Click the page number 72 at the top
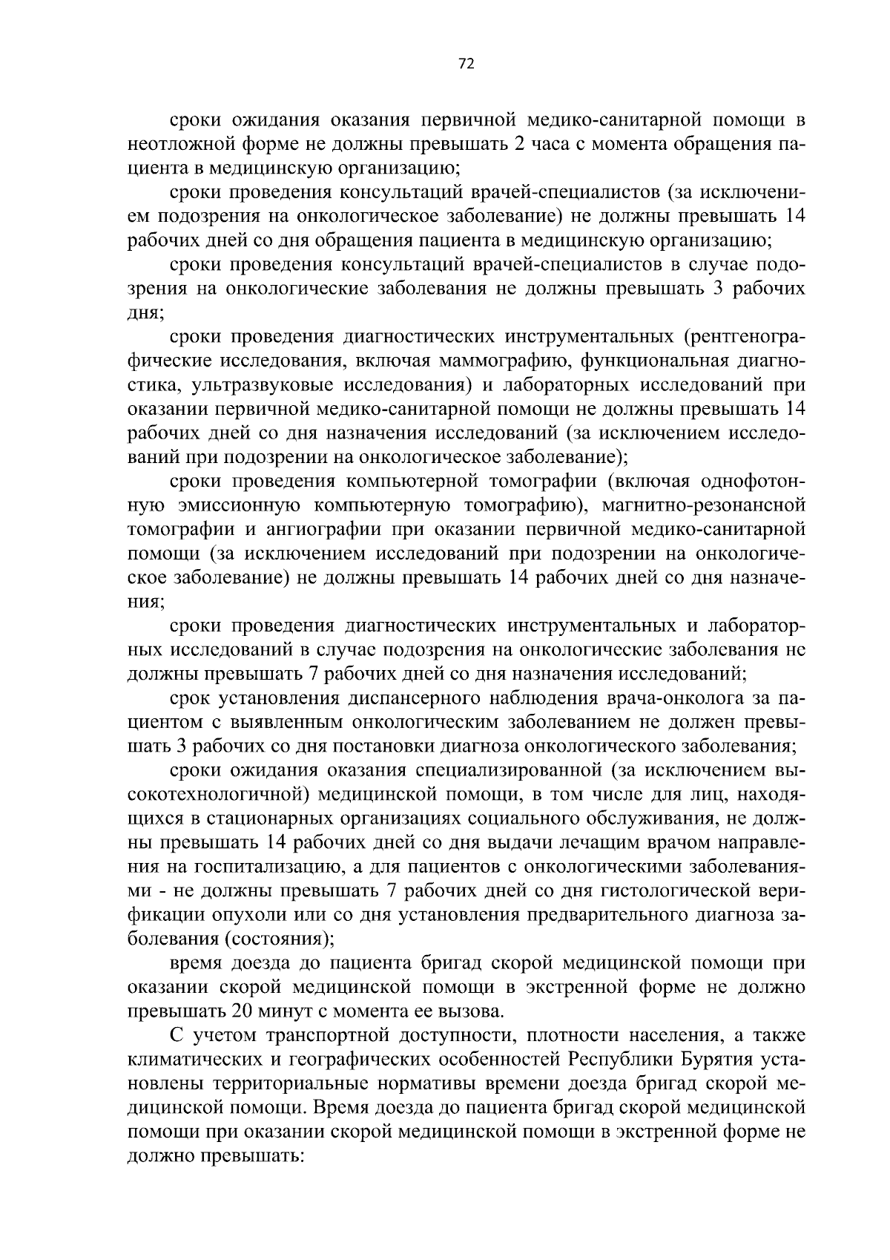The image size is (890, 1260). pyautogui.click(x=466, y=64)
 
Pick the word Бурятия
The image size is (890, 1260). pyautogui.click(x=716, y=1060)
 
